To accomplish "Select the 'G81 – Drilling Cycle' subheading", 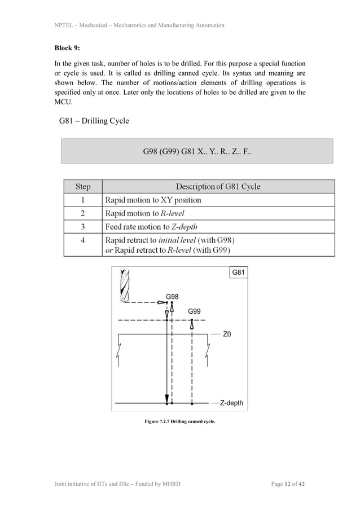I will [x=94, y=121].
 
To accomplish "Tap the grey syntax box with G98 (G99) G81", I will [x=197, y=152].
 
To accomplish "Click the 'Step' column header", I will [x=82, y=186].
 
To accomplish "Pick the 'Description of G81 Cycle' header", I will [x=218, y=186].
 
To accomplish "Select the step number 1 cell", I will [x=82, y=200].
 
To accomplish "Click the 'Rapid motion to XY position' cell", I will [x=153, y=200].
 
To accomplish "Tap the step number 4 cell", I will [x=82, y=245].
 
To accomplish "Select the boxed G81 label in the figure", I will [x=238, y=273].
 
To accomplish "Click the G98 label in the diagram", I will [x=173, y=296].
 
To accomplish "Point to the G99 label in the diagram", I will [x=194, y=311].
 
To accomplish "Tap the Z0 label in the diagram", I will [x=227, y=334].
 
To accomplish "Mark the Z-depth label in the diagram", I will [x=231, y=403].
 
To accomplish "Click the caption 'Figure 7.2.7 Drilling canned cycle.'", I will [x=180, y=421].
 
